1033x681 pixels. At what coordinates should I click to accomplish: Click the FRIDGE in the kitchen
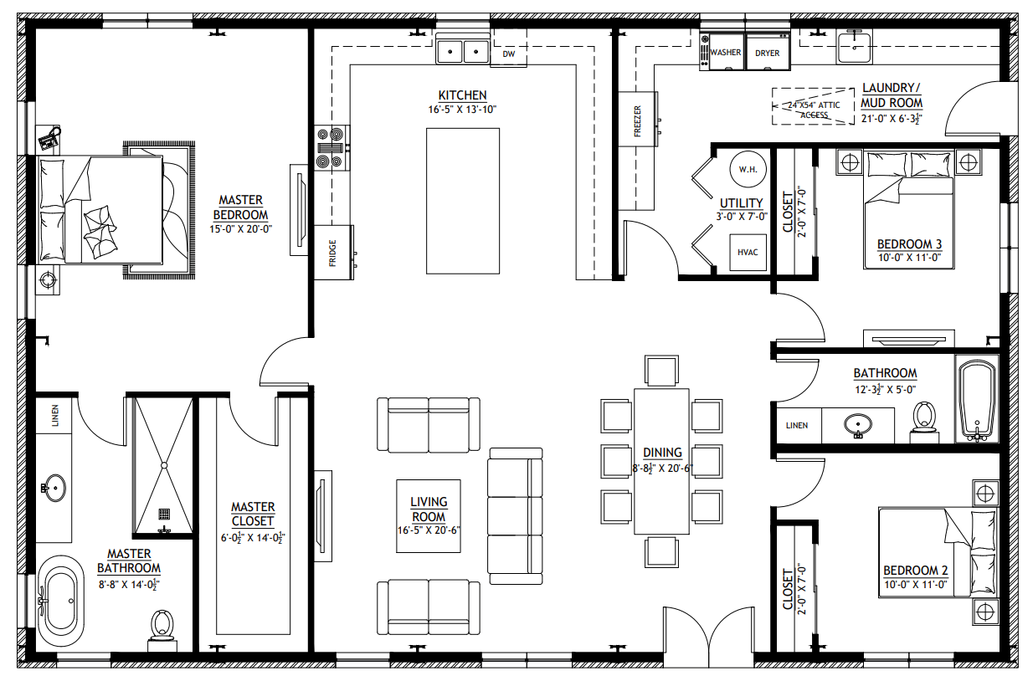tap(334, 252)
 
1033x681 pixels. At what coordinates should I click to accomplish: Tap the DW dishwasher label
tap(509, 54)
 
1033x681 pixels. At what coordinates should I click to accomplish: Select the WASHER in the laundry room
tap(726, 52)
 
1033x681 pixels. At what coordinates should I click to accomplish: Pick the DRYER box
tap(768, 52)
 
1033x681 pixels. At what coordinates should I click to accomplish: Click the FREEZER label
tap(638, 121)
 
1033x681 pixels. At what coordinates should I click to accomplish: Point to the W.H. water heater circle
tap(748, 169)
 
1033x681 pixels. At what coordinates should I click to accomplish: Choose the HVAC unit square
tap(748, 252)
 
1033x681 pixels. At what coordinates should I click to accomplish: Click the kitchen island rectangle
tap(463, 202)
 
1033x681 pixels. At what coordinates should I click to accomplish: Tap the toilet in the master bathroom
tap(162, 630)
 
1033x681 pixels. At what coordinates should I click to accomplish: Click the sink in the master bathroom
tap(54, 488)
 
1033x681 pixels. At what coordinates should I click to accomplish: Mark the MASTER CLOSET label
tap(253, 514)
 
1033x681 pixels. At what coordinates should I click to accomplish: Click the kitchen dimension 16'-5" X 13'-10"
tap(462, 110)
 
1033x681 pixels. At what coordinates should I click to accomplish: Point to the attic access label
tap(814, 110)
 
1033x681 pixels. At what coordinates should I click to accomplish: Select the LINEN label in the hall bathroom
tap(797, 425)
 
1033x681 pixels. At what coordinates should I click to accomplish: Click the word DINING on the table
tap(662, 453)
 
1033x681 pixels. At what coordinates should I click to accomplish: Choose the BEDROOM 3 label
tap(909, 243)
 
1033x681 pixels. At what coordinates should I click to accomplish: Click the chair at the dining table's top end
tap(662, 370)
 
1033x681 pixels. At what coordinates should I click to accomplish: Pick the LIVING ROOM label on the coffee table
tap(429, 509)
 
